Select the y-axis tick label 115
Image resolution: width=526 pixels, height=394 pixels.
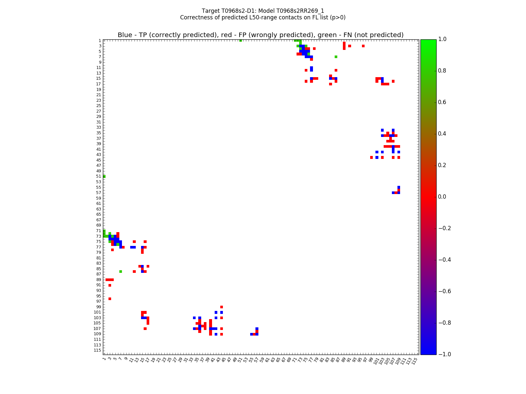click(98, 350)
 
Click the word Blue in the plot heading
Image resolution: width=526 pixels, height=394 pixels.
click(125, 35)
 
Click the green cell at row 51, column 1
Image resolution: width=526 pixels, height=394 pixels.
click(104, 176)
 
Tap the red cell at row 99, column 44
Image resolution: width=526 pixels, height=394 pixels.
click(222, 307)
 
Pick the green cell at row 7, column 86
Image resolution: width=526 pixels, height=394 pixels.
click(336, 57)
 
